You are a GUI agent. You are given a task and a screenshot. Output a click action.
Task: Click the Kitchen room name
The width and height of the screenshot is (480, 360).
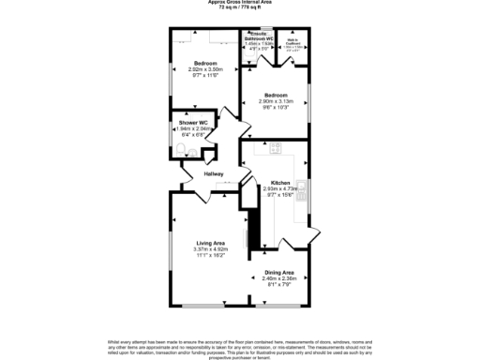click(x=279, y=182)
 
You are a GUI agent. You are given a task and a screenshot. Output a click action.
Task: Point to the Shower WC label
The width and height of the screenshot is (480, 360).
click(x=193, y=123)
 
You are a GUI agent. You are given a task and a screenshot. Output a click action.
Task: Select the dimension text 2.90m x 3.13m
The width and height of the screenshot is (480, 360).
click(x=276, y=101)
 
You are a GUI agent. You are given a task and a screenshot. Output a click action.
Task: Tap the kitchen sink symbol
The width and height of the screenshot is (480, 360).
click(x=301, y=188)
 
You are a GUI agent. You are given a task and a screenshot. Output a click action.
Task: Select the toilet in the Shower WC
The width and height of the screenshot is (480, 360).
click(x=189, y=152)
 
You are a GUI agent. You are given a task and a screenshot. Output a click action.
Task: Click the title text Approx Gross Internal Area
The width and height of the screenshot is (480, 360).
click(x=240, y=3)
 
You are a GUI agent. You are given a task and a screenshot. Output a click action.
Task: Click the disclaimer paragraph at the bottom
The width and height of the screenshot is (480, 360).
click(x=240, y=349)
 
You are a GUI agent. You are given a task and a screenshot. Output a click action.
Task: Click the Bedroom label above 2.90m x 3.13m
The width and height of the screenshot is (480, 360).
click(x=276, y=95)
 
